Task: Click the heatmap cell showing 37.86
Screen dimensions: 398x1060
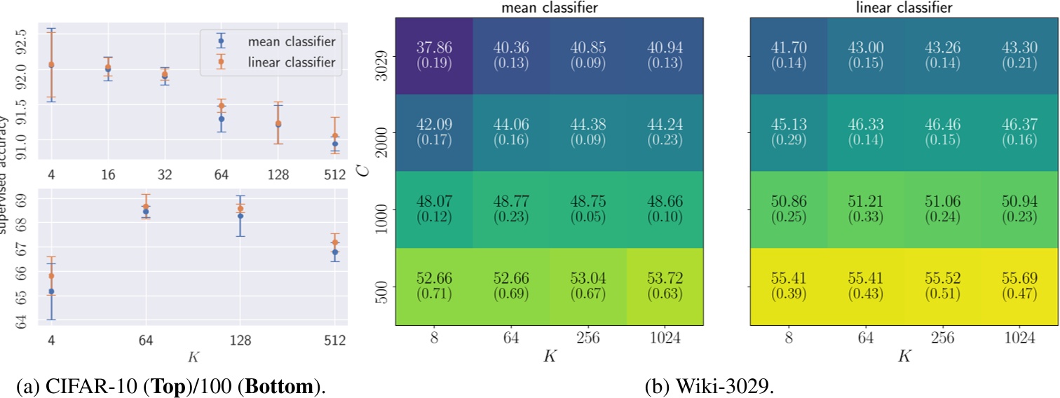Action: [x=434, y=55]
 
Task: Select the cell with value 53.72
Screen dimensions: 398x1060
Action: [x=665, y=286]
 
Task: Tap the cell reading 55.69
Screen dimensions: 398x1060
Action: [x=1021, y=286]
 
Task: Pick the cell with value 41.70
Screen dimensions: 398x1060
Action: [x=789, y=55]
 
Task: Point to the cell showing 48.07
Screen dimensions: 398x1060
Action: [x=434, y=209]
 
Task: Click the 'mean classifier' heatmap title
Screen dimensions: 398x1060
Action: [x=549, y=8]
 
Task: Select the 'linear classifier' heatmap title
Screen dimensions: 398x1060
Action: [x=905, y=8]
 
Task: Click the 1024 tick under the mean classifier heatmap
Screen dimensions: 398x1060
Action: [x=665, y=338]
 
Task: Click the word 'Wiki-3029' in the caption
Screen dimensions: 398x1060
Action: [x=743, y=387]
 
